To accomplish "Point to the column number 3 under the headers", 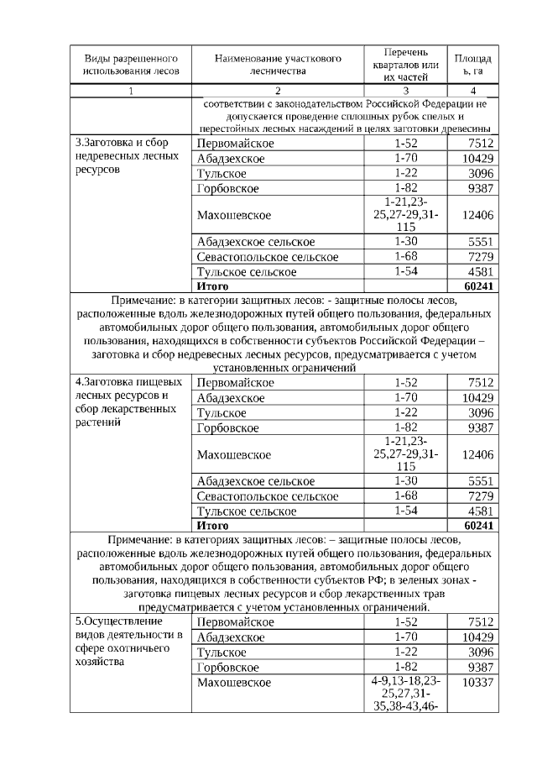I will tap(406, 91).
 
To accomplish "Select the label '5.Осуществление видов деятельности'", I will tap(127, 641).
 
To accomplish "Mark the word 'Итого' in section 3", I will tap(212, 286).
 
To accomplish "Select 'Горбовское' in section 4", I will tap(228, 427).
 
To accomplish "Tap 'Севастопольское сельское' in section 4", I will tap(268, 496).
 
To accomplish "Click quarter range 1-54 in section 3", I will tap(406, 271).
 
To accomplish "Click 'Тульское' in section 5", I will tap(222, 652).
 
